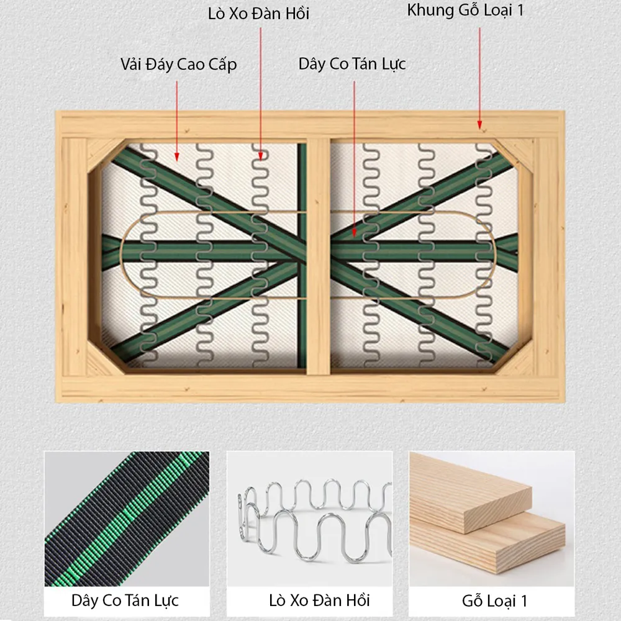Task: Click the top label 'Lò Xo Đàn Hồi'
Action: (258, 14)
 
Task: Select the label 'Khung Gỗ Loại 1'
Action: (465, 11)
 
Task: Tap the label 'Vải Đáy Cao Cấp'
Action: (179, 64)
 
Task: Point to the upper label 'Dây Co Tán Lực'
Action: (352, 64)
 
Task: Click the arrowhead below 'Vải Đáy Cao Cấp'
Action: (176, 157)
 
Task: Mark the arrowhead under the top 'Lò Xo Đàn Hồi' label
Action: (261, 156)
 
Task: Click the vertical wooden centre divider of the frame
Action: (319, 256)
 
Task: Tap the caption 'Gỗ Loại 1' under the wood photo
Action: (495, 601)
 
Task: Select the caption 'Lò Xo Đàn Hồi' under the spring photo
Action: (319, 601)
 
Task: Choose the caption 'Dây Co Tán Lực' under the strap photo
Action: (125, 601)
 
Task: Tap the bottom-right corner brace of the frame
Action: (515, 358)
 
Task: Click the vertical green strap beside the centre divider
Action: (302, 256)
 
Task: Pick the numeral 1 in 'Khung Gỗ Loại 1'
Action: (520, 10)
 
